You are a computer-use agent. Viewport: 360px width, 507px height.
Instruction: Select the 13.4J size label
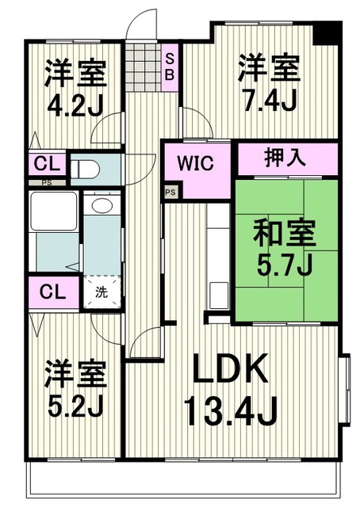coord(230,410)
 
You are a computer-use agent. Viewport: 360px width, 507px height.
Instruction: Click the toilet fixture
coord(86,169)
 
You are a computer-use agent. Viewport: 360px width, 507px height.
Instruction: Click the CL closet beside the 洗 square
coord(52,291)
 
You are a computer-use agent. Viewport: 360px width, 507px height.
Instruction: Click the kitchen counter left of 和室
coord(216,257)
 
